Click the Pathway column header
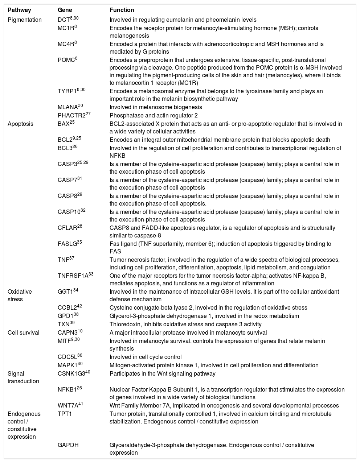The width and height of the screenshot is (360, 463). [19, 10]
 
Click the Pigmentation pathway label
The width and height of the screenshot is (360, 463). [25, 20]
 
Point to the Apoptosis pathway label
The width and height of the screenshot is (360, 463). [20, 124]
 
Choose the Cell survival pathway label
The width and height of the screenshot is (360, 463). [24, 332]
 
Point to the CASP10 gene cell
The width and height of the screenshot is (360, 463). [71, 212]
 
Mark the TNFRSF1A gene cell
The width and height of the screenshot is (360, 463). [74, 276]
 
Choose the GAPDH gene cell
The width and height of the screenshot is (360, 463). [68, 445]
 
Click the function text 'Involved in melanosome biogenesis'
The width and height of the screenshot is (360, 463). [156, 107]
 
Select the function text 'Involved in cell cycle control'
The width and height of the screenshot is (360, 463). [146, 357]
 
